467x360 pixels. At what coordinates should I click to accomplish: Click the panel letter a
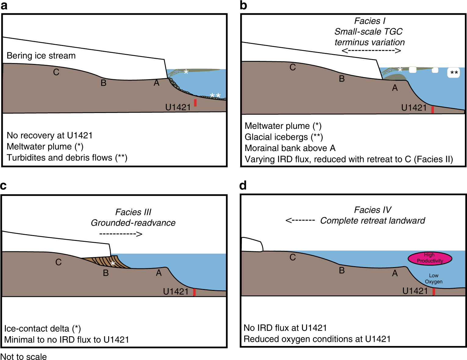pos(4,5)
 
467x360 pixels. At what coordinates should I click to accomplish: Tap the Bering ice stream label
pos(41,56)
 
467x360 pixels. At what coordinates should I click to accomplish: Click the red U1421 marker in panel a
pos(195,103)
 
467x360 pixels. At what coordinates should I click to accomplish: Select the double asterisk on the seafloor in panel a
pos(215,96)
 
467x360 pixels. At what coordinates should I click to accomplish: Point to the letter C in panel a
pos(56,72)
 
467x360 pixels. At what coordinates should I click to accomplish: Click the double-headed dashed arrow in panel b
pos(371,51)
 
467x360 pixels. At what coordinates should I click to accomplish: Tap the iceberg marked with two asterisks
pos(453,73)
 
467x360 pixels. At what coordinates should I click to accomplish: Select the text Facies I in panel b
pos(369,21)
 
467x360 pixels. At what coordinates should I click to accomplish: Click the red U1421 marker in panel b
pos(433,110)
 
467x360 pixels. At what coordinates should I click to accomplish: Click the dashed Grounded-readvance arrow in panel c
pos(121,234)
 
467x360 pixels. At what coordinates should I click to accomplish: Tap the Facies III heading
pos(133,212)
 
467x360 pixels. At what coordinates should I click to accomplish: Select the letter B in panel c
pos(106,273)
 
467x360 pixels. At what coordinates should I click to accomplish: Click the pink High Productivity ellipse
pos(430,258)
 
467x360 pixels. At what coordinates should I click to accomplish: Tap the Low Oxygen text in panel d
pos(433,279)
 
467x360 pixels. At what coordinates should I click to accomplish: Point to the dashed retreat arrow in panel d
pos(300,220)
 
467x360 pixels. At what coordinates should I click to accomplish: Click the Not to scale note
pos(23,357)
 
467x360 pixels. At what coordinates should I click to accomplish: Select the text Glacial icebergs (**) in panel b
pos(283,137)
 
